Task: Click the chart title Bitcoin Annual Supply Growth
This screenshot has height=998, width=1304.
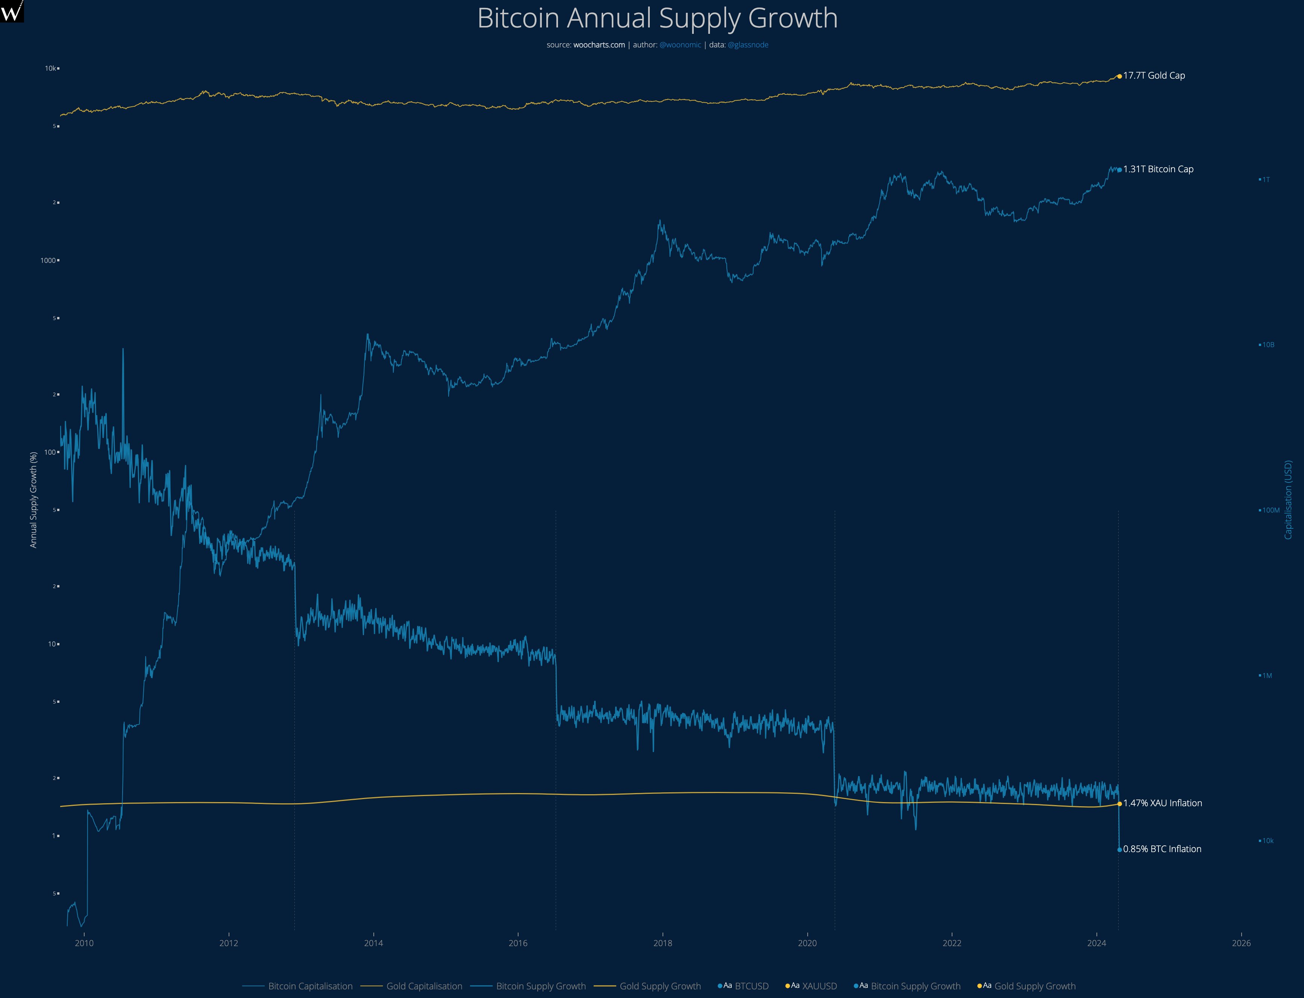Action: coord(657,18)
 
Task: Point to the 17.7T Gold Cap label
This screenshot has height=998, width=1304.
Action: coord(1154,76)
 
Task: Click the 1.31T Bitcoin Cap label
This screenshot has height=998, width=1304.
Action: coord(1158,169)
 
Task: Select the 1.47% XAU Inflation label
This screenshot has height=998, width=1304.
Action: coord(1162,803)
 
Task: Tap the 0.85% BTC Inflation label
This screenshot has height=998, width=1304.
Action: coord(1162,849)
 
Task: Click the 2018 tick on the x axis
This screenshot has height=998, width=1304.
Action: coord(663,943)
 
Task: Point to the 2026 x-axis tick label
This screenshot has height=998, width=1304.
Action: coord(1241,943)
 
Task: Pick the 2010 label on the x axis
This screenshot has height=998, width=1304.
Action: coord(84,943)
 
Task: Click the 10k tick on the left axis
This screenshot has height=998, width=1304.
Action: coord(50,68)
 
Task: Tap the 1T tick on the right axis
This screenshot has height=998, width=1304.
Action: coord(1266,179)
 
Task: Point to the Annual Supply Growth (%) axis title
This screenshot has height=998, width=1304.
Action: coord(33,500)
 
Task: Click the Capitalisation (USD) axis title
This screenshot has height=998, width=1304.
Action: coord(1288,500)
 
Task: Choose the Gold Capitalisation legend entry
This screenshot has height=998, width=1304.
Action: coord(424,986)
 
